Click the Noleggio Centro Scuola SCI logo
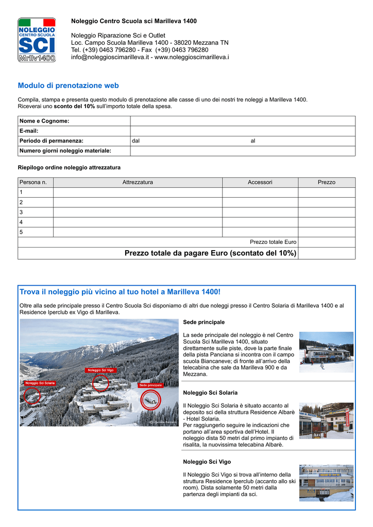tap(37, 40)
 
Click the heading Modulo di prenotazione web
tap(68, 85)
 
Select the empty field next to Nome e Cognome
tap(242, 121)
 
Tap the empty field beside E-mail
tap(242, 131)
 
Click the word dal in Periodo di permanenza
tap(136, 141)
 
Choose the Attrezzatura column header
tap(138, 182)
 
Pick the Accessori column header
tap(260, 182)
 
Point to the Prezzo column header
tap(326, 182)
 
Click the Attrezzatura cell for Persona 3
tap(138, 212)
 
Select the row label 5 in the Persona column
tap(21, 232)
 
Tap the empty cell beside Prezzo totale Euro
tap(326, 242)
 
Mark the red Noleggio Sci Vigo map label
tap(100, 370)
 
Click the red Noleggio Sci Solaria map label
tap(40, 383)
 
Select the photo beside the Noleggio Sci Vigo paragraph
tap(326, 483)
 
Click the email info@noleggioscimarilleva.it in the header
tap(110, 57)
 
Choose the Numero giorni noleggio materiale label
tap(65, 151)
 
